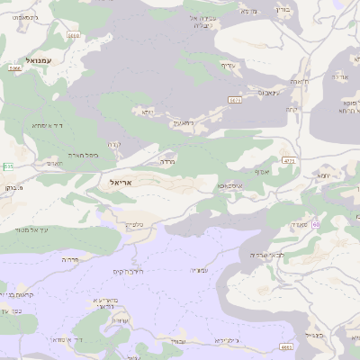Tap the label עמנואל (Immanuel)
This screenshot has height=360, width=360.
point(40,60)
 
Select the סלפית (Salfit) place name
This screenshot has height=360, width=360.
point(135,224)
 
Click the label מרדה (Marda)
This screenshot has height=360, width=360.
point(166,162)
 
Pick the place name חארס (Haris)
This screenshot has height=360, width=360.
point(52,165)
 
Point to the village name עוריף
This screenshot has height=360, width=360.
point(226,65)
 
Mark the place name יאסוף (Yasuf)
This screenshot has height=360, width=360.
point(262,170)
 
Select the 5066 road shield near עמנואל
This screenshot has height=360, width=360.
point(13,67)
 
